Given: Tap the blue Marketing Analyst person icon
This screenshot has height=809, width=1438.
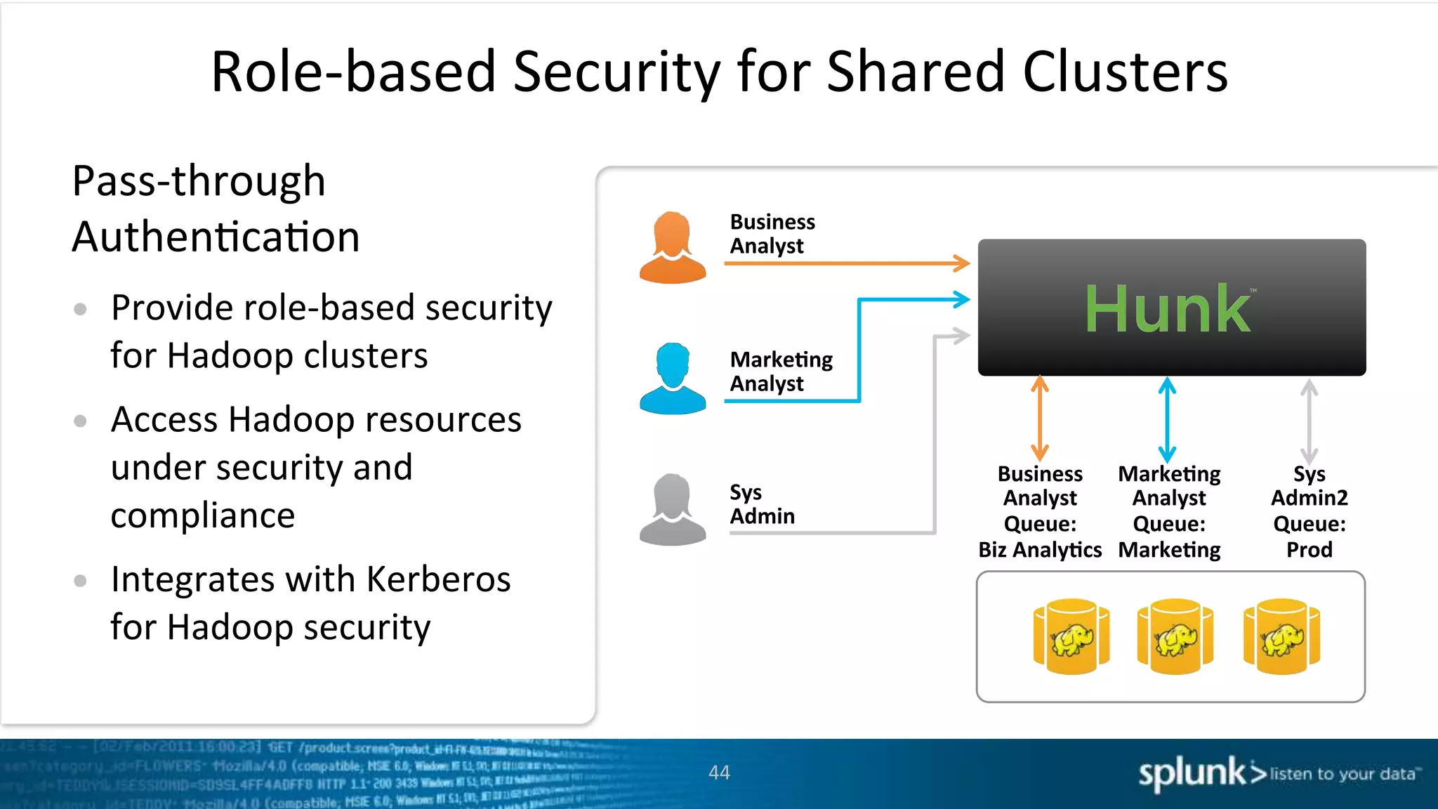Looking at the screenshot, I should click(673, 379).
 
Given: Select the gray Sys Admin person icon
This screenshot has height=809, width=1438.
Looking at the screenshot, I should click(673, 510).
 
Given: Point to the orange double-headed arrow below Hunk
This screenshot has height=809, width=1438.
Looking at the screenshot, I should click(1040, 418).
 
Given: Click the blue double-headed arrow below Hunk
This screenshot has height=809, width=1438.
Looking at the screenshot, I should click(1167, 419).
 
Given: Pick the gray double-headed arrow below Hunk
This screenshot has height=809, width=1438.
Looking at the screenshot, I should click(1309, 421).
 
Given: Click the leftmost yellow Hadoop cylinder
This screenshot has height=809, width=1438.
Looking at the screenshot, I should click(1071, 636).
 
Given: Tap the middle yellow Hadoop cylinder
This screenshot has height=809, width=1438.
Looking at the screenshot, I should click(1175, 636).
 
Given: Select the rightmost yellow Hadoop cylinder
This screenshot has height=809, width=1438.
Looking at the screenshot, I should click(1281, 636).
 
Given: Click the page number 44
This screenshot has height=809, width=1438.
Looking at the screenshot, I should click(719, 772).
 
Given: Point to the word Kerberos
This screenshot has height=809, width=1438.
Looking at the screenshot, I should click(438, 579).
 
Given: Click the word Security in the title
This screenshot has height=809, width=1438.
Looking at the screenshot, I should click(616, 72).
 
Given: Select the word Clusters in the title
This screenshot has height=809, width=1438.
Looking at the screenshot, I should click(1125, 72).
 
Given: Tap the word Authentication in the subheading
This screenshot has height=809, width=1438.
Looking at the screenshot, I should click(216, 237).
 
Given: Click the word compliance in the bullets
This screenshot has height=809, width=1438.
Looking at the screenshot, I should click(203, 515).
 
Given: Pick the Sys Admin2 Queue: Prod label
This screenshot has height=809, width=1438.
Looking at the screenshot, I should click(1309, 511).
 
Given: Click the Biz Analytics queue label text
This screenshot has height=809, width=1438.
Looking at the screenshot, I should click(1040, 549).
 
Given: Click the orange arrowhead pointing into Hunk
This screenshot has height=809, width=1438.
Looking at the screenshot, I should click(963, 264).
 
